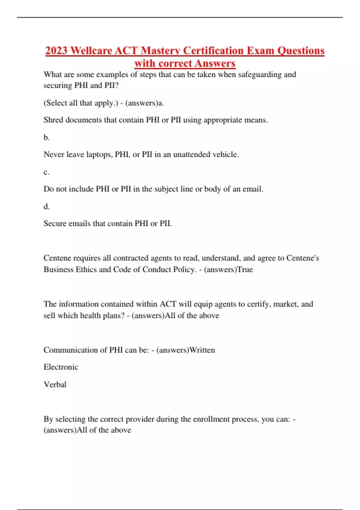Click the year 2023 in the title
click(56, 50)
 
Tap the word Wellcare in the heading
click(91, 50)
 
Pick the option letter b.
click(46, 137)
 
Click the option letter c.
click(46, 172)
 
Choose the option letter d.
click(46, 206)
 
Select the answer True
click(245, 269)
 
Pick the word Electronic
click(61, 367)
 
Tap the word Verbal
click(55, 384)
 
